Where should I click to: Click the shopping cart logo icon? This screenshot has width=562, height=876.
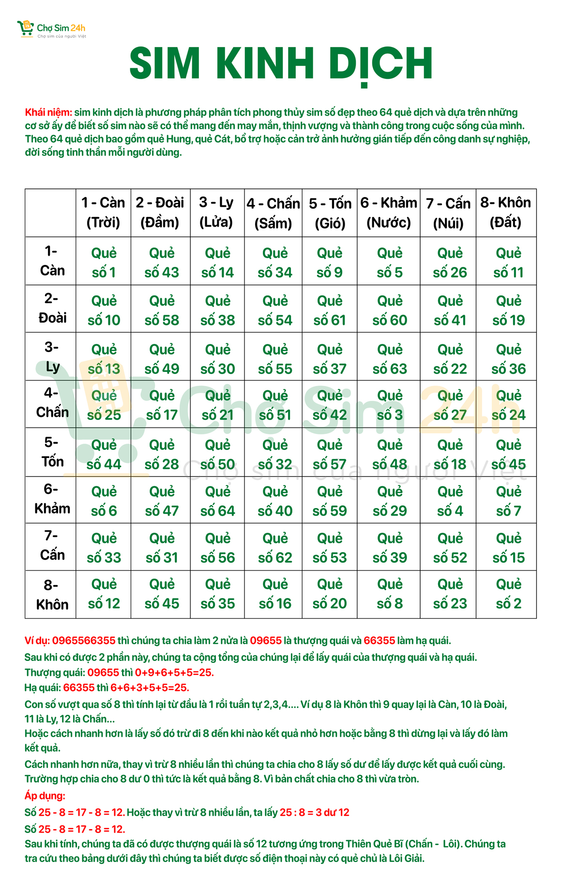point(25,28)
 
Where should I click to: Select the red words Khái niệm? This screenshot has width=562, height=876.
point(48,112)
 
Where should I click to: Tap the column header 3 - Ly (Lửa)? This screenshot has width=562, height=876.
point(216,212)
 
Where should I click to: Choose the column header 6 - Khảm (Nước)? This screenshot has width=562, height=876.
point(388,212)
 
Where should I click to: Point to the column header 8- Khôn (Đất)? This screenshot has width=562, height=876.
point(505,212)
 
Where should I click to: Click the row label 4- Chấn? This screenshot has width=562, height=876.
point(52,403)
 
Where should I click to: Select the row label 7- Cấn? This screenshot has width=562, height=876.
point(52,546)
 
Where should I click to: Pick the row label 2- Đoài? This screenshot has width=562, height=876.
point(52,308)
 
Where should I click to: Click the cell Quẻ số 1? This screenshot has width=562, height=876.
point(104,262)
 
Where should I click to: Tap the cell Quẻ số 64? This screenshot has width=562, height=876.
point(217,501)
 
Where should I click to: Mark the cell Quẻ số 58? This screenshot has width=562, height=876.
point(162,310)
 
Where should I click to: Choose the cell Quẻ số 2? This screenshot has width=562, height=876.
point(508,594)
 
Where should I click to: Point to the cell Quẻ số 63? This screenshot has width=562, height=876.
point(389,359)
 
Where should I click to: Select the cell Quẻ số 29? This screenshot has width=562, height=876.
point(389,501)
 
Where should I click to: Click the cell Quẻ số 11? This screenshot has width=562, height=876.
point(508,262)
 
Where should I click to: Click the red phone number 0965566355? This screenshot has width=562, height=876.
point(84,641)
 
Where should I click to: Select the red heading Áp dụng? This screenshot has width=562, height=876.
point(45,796)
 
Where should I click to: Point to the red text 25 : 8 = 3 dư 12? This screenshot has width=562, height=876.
point(314,813)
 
